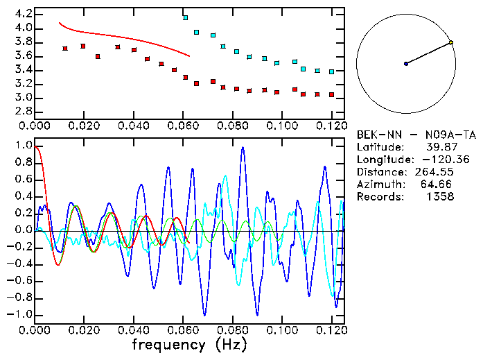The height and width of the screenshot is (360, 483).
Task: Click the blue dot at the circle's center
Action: pyautogui.click(x=406, y=64)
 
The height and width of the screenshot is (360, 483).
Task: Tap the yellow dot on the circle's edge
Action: pyautogui.click(x=451, y=43)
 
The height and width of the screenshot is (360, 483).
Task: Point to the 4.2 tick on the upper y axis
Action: pyautogui.click(x=21, y=14)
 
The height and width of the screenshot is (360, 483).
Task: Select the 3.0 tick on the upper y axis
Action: pyautogui.click(x=21, y=98)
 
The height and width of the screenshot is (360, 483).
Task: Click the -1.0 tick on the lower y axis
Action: pyautogui.click(x=19, y=315)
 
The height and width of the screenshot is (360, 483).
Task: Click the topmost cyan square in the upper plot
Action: pyautogui.click(x=185, y=17)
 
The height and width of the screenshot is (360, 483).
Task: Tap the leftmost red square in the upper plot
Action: pyautogui.click(x=64, y=49)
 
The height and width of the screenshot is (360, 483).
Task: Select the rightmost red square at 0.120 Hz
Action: pyautogui.click(x=332, y=94)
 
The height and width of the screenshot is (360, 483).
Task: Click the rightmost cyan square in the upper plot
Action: pyautogui.click(x=332, y=71)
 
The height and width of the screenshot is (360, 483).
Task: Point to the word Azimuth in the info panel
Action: pyautogui.click(x=378, y=185)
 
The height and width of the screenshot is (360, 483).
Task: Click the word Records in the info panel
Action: pyautogui.click(x=378, y=197)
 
